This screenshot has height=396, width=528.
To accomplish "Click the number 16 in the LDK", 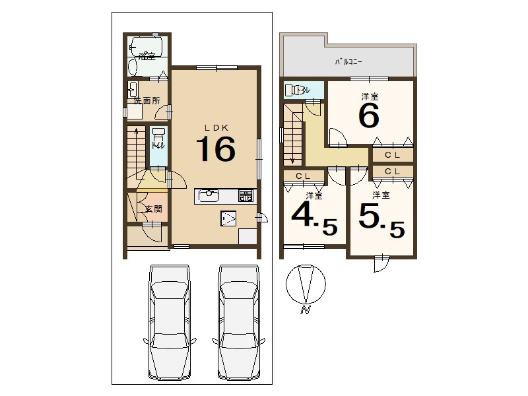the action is [216, 148].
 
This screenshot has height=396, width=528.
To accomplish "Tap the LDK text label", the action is [217, 127].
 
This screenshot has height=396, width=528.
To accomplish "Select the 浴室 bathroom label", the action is [147, 56].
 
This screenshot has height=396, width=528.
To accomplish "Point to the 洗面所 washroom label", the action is [147, 100].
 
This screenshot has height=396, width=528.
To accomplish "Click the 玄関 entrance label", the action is [154, 209].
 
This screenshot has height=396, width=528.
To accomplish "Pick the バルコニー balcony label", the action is [348, 62].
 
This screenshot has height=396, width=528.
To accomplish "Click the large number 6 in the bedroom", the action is [369, 115].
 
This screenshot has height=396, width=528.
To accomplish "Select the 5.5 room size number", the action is [382, 221].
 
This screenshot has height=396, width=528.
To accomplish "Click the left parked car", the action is [170, 322].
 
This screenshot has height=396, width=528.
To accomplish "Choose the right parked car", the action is [238, 322].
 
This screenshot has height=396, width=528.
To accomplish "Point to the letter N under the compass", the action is [305, 310].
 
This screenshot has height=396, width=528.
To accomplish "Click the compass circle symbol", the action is [306, 284].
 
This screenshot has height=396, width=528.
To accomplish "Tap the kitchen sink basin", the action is [209, 195].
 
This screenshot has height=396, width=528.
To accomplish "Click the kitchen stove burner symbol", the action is [246, 195].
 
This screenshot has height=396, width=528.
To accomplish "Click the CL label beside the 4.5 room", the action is [303, 176].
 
